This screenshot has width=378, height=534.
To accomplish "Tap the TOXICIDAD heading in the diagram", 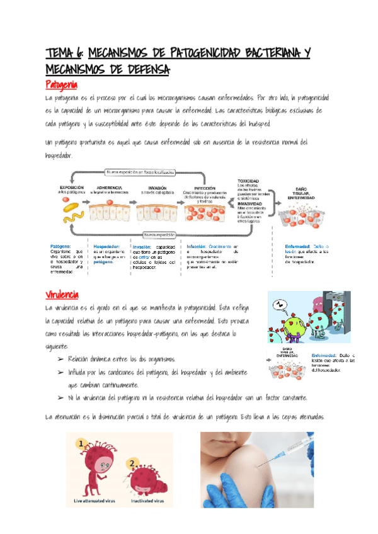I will click(x=248, y=181).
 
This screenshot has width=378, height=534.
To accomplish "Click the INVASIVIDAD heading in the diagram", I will click(x=251, y=203).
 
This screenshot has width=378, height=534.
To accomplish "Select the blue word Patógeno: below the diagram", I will click(x=60, y=247).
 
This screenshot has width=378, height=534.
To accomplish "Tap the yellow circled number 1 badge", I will click(x=81, y=445).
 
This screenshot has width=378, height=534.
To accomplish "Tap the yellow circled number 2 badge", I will click(x=133, y=463).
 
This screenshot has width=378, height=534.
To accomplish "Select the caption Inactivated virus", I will click(x=148, y=502).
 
